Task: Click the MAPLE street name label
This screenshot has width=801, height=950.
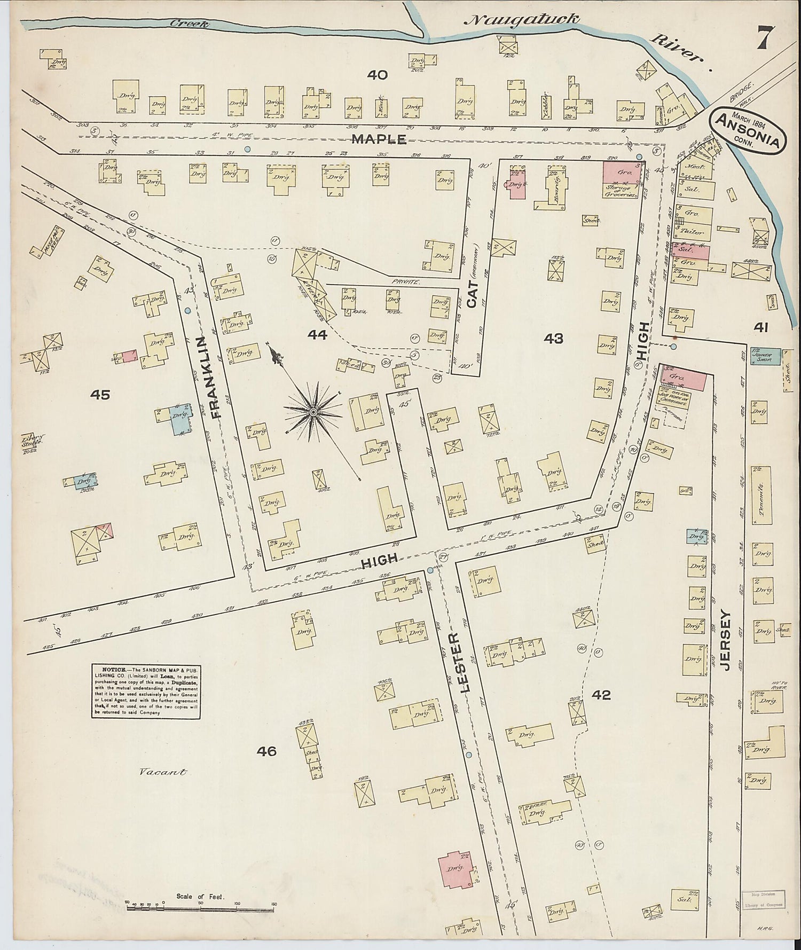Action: pyautogui.click(x=379, y=139)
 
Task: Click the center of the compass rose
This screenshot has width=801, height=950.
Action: pyautogui.click(x=313, y=412)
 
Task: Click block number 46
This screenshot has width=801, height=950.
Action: pyautogui.click(x=266, y=751)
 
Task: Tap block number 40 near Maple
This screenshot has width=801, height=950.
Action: pyautogui.click(x=377, y=75)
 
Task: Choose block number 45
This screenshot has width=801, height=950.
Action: pyautogui.click(x=100, y=395)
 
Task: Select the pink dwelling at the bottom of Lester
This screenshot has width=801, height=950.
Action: pyautogui.click(x=455, y=869)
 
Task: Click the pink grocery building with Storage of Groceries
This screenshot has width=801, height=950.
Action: pyautogui.click(x=621, y=179)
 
